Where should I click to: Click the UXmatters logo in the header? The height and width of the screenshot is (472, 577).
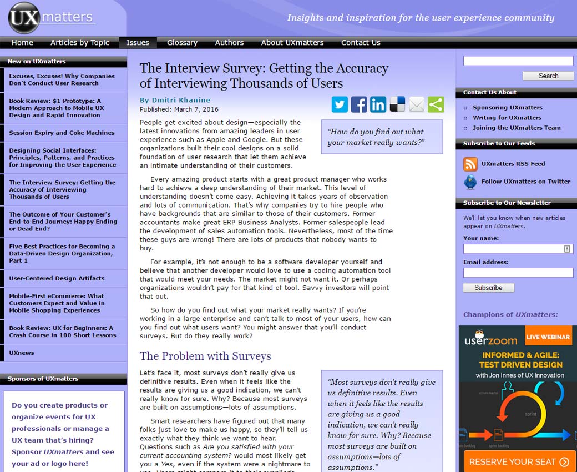52,18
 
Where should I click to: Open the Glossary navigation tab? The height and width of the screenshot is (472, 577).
182,43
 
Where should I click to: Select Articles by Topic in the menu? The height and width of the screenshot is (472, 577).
80,43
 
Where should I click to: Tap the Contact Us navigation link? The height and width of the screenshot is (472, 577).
361,43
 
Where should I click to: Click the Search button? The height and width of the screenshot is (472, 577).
548,76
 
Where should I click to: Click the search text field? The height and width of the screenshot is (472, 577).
518,61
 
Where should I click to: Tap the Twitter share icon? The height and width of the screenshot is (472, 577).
340,104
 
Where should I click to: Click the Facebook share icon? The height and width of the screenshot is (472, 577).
359,104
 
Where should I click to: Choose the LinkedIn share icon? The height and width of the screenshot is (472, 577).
378,104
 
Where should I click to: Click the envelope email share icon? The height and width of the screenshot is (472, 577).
417,104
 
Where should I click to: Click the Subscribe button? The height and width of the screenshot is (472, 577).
488,288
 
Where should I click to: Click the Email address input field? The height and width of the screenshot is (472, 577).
518,273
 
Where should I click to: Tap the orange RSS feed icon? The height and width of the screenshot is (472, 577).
470,164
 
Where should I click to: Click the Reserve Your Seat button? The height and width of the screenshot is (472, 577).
519,461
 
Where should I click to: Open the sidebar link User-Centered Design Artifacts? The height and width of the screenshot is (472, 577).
57,278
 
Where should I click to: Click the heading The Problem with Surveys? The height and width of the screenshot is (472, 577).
205,356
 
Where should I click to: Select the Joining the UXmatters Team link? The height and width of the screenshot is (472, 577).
517,128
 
